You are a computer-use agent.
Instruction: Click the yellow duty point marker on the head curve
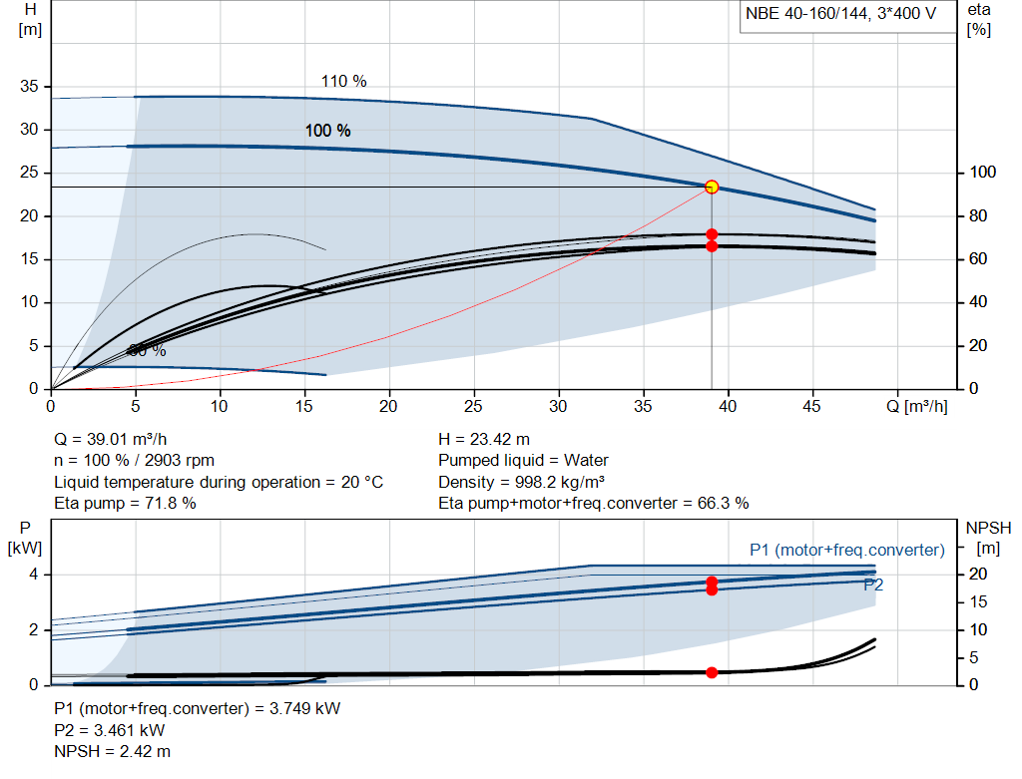click(712, 187)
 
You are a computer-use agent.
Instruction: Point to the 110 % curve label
click(343, 82)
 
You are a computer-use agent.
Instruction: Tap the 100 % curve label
click(327, 131)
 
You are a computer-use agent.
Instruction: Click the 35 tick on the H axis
click(29, 87)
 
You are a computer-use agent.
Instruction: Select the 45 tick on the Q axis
click(812, 407)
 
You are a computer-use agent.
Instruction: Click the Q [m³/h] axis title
click(916, 407)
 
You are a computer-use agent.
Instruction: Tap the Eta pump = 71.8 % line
click(125, 503)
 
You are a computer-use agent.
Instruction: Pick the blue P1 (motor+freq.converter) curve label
click(846, 550)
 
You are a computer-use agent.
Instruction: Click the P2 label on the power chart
click(873, 584)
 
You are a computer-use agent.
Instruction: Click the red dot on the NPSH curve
click(712, 672)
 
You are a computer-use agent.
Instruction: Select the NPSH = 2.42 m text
click(112, 750)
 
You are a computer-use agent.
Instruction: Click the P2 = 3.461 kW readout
click(111, 729)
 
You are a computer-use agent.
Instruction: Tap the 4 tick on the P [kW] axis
click(33, 575)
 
